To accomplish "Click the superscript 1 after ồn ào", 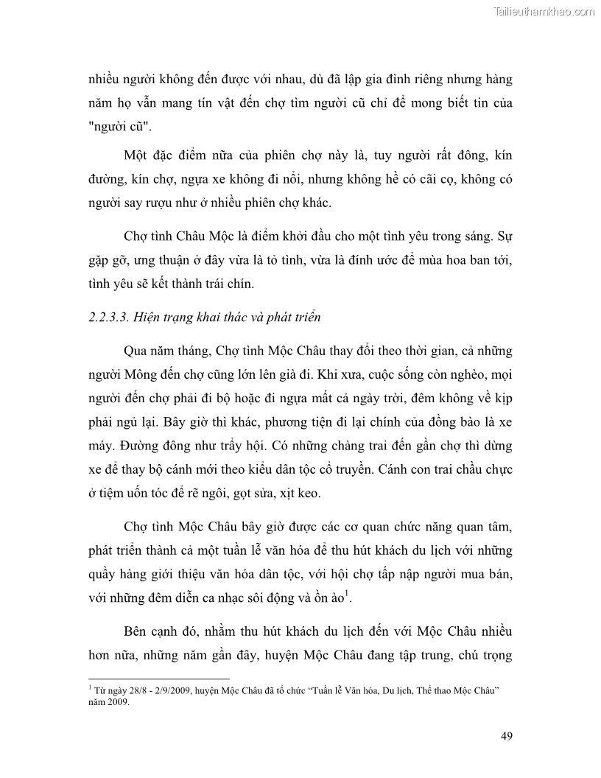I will (x=347, y=595).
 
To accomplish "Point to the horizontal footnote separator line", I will (x=158, y=678).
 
